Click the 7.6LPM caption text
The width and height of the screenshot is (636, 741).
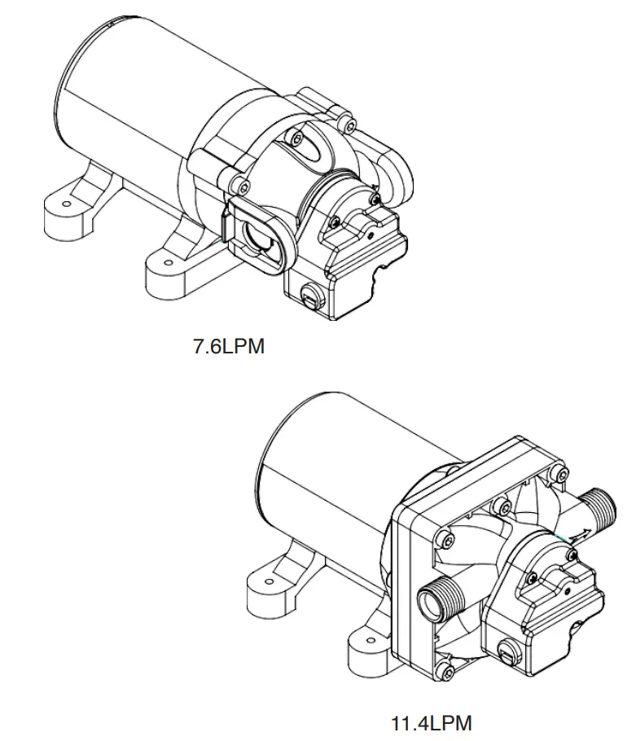click(229, 346)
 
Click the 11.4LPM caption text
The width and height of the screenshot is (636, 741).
click(432, 722)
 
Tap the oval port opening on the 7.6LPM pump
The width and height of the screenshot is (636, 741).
click(258, 237)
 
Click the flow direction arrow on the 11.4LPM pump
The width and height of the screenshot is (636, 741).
click(579, 534)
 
